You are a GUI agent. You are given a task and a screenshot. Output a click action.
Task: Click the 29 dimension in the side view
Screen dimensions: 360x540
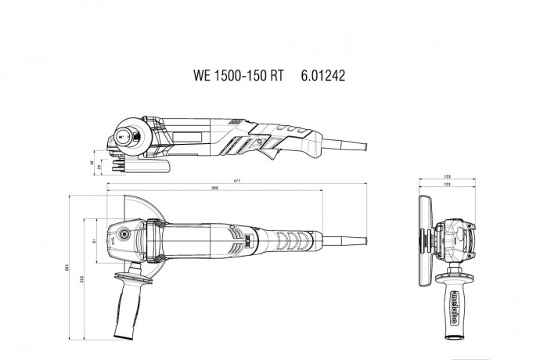99,167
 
